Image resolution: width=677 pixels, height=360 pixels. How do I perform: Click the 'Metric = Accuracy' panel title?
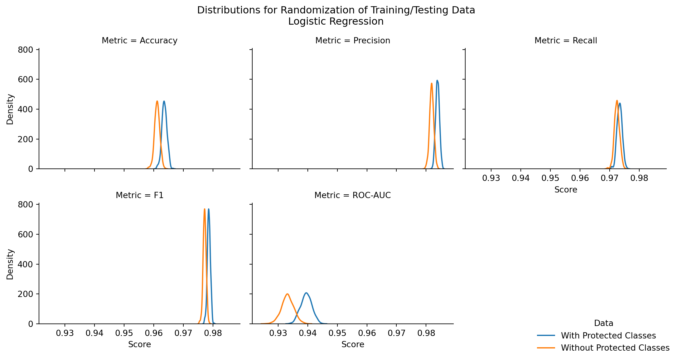139,41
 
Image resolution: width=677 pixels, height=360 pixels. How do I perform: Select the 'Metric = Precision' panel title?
353,41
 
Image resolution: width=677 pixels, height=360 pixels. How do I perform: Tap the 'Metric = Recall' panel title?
566,41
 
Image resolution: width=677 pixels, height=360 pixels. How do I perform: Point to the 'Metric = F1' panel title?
139,195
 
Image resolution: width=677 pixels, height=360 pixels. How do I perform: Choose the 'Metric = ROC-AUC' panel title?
352,195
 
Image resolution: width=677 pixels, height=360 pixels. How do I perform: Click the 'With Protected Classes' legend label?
608,336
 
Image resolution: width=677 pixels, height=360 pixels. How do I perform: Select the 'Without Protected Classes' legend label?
615,348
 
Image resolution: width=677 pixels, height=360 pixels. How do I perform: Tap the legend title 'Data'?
604,323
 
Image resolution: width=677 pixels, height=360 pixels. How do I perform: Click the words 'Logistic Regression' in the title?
336,22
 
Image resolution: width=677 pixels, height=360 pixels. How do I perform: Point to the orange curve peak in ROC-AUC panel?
287,294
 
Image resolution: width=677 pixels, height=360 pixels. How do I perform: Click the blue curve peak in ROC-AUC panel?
307,293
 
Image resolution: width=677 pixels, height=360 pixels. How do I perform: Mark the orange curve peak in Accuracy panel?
157,101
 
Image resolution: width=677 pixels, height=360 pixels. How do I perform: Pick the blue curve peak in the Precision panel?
437,80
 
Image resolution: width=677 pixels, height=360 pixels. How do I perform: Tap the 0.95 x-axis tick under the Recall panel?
550,178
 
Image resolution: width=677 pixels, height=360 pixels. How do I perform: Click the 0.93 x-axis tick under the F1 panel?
65,333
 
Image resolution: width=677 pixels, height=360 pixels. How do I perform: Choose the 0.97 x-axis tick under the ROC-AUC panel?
396,333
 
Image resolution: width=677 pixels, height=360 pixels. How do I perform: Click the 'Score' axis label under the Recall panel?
566,190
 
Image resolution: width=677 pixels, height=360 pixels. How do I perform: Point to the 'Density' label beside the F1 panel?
10,264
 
